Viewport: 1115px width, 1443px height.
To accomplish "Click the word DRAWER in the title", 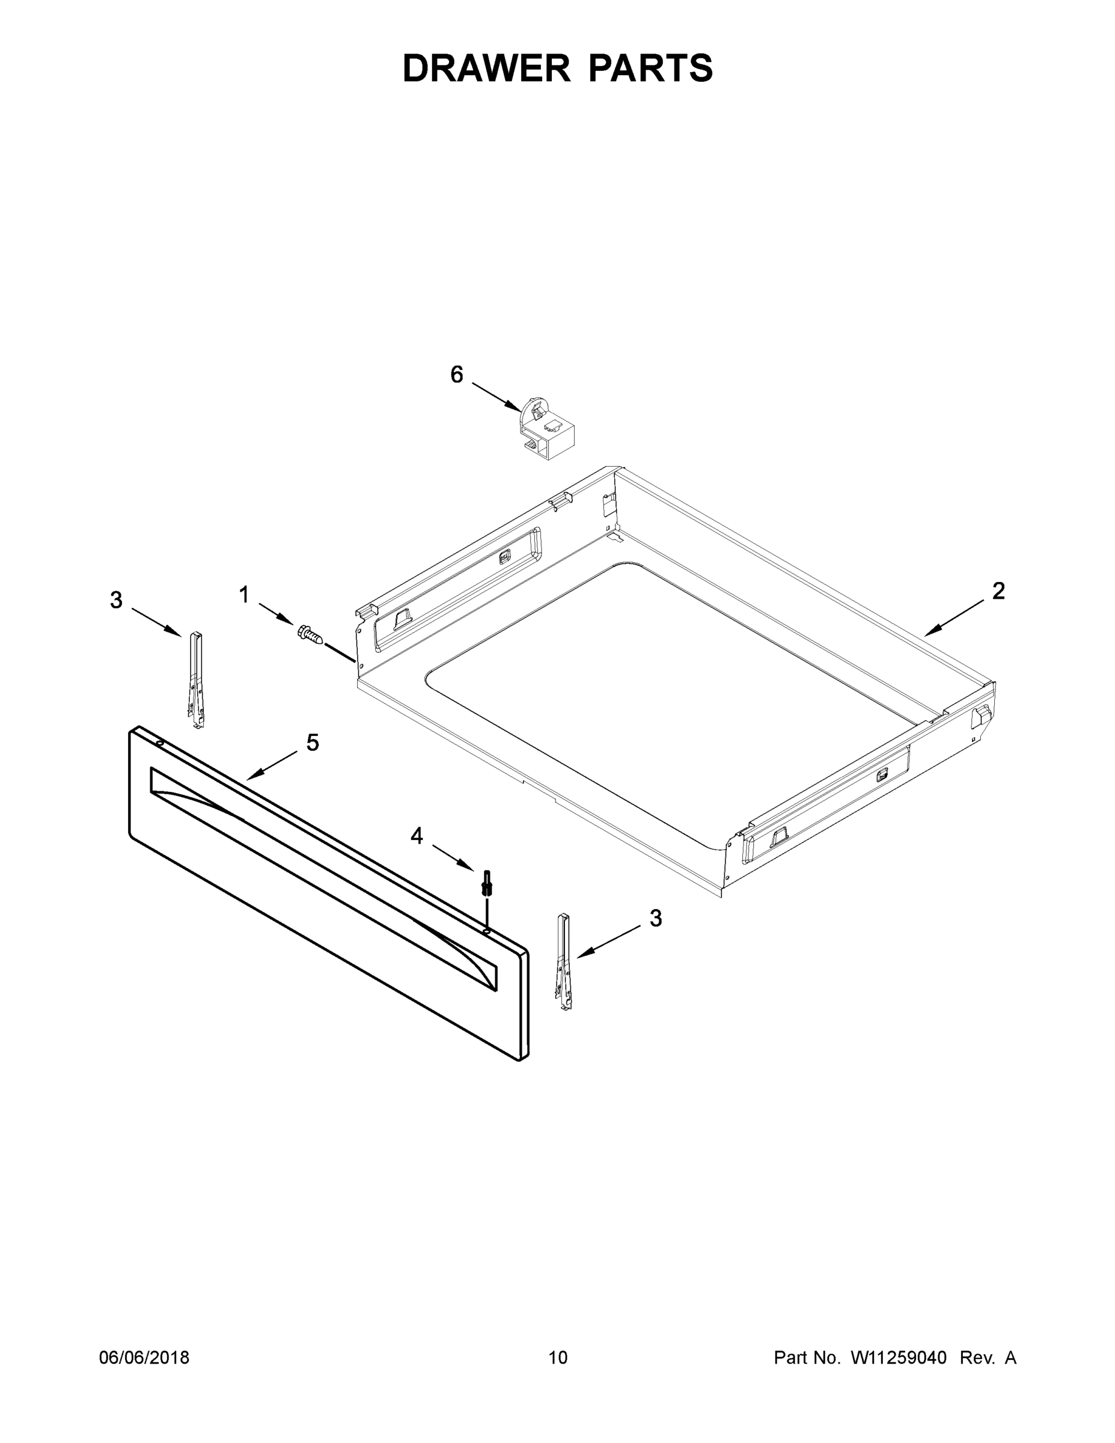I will click(x=486, y=68).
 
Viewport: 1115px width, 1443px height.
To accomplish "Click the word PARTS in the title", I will click(x=650, y=68).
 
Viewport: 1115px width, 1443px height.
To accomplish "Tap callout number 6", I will click(x=457, y=375).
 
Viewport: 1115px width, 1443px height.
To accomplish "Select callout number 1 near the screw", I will click(x=244, y=595).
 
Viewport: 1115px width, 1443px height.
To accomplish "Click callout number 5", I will click(x=313, y=743).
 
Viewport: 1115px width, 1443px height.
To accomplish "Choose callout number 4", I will click(x=416, y=836).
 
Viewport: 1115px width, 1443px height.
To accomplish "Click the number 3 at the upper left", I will click(x=116, y=600).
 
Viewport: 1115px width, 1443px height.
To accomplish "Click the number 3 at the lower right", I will click(x=655, y=918).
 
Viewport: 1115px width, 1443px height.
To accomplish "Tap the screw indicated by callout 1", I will click(x=310, y=635).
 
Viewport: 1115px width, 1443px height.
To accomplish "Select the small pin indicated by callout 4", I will click(x=487, y=883).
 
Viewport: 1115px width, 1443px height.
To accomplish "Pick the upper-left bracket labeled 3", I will click(x=196, y=680).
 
